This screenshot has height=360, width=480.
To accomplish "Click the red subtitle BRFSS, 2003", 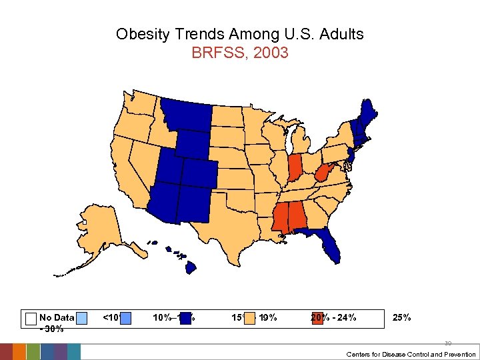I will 239,53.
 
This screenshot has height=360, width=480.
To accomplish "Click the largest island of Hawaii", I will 191,267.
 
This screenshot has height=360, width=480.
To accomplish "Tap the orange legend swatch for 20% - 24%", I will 317,318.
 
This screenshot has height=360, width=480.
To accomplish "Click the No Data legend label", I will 57,317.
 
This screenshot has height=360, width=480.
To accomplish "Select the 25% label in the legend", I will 402,317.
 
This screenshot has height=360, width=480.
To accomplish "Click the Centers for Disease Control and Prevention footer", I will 411,354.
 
